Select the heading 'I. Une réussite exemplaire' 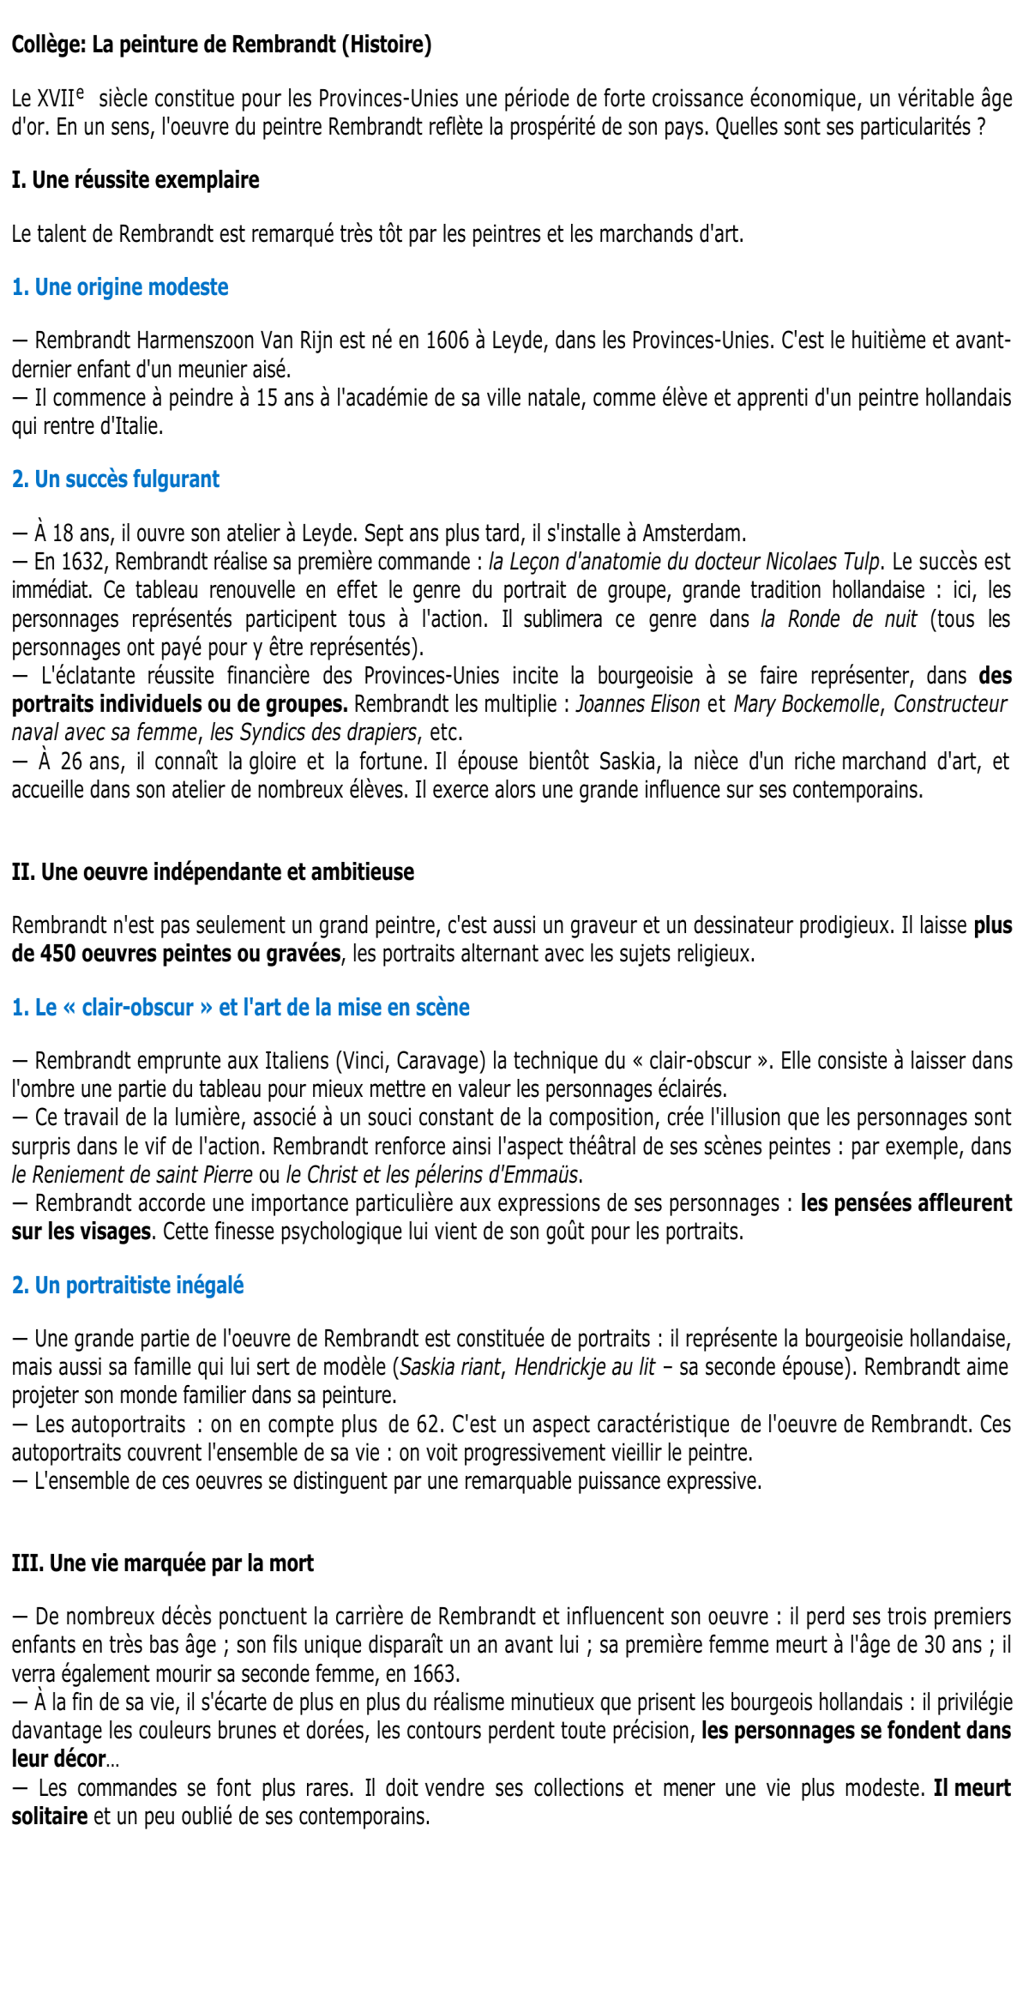click(135, 180)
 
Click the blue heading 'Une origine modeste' click(120, 287)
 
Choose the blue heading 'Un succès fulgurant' click(116, 479)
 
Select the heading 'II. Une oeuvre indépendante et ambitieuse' click(213, 872)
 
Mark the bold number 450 click(57, 954)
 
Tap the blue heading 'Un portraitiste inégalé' click(128, 1286)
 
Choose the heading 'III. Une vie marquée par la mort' click(163, 1563)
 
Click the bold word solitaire click(50, 1816)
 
